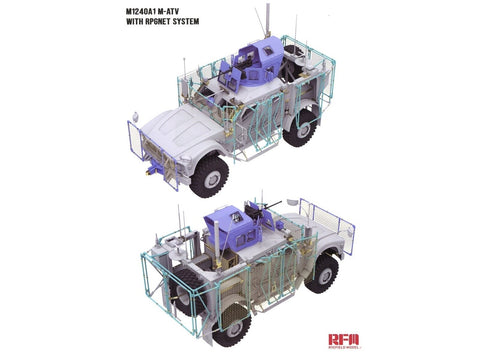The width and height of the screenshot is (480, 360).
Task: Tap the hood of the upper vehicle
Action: tap(180, 125)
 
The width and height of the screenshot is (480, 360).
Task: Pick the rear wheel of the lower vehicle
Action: tap(233, 325)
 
